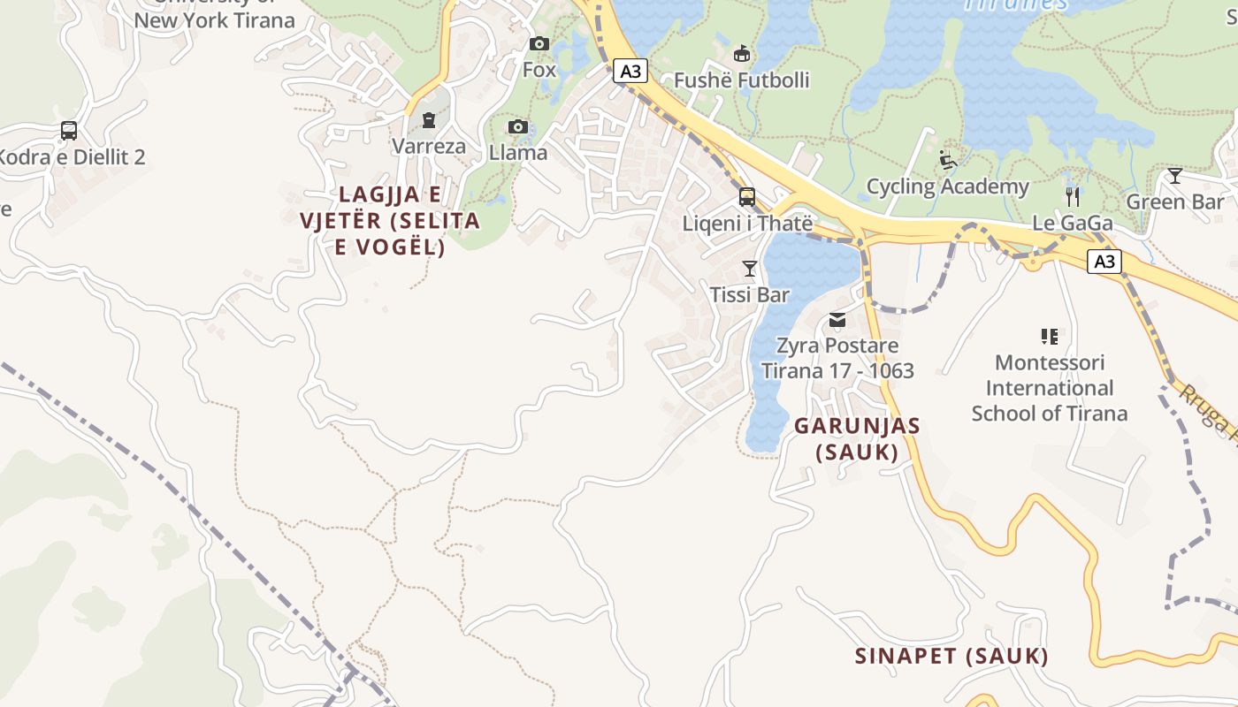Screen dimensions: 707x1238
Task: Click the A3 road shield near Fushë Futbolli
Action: [630, 71]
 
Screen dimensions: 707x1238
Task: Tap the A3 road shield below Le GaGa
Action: [1104, 262]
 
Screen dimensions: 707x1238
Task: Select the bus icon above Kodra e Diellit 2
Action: [69, 131]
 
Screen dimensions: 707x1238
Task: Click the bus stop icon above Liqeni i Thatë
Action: [747, 196]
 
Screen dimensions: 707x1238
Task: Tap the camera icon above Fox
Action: [539, 43]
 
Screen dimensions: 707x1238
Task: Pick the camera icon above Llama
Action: [518, 127]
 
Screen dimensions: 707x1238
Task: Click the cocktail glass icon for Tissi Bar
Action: [750, 268]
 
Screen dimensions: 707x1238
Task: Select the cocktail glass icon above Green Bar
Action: [1174, 176]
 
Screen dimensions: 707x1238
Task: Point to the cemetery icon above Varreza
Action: [429, 120]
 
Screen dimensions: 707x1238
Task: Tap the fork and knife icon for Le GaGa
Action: [1073, 196]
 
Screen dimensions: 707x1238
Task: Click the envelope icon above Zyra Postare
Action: [837, 319]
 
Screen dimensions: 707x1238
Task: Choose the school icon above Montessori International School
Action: [1050, 336]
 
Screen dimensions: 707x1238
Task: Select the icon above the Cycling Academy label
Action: [948, 160]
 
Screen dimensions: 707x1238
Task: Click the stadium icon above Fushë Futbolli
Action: [742, 54]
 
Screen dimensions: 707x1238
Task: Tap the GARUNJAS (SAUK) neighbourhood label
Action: [857, 438]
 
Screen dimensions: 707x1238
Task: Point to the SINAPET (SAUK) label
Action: [951, 656]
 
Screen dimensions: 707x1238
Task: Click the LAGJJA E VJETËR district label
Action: [390, 220]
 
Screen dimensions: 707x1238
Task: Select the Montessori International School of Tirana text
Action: [1050, 388]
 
